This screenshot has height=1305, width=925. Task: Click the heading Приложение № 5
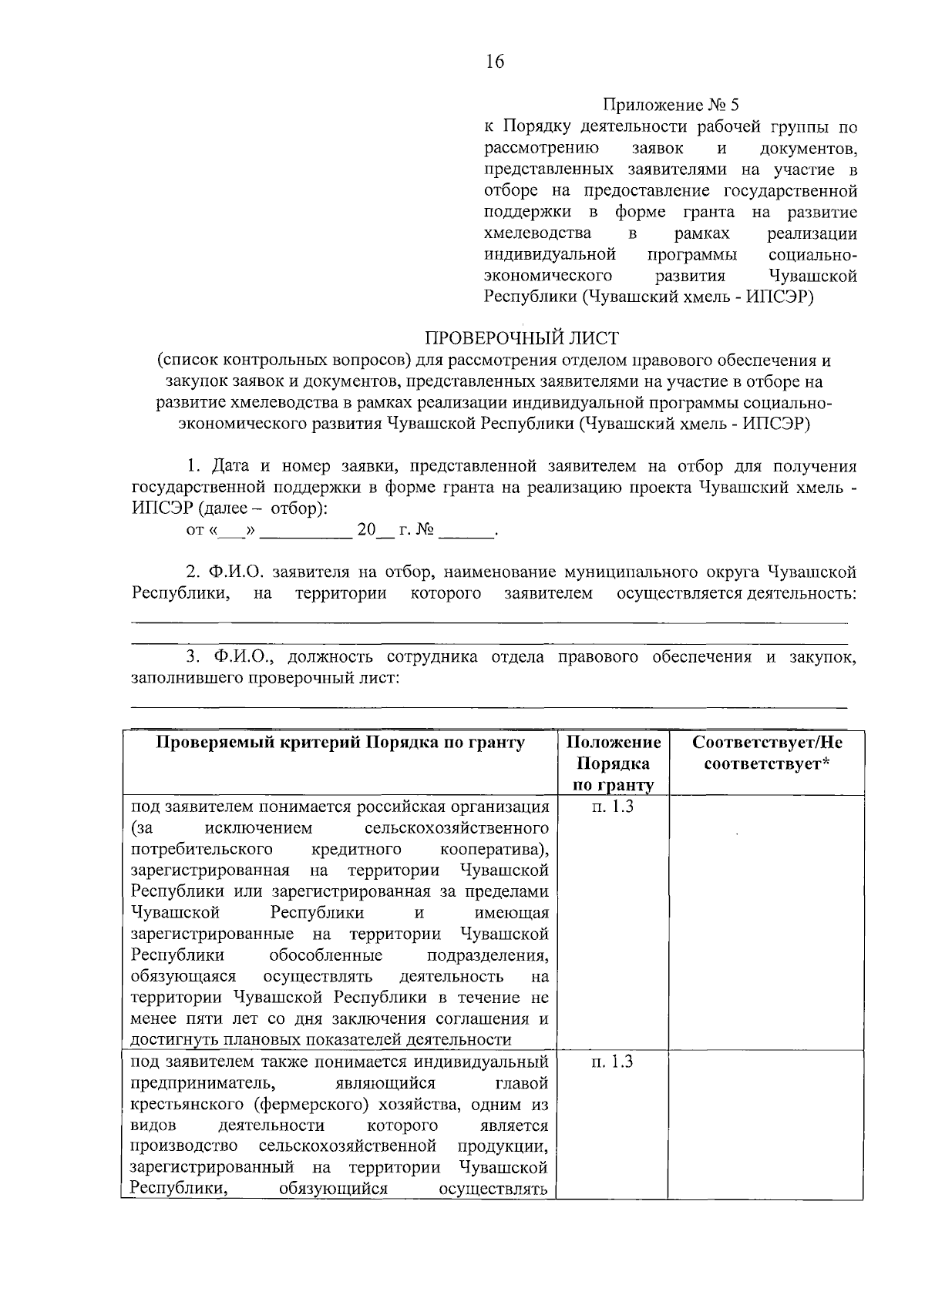click(x=671, y=105)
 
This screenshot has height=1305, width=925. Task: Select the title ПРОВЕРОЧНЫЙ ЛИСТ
click(x=522, y=337)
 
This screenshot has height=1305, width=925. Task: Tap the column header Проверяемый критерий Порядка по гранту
click(x=341, y=743)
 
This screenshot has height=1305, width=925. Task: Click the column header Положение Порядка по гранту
click(x=614, y=763)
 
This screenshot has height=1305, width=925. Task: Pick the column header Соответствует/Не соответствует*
click(x=766, y=753)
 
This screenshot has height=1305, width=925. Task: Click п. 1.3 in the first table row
click(x=613, y=807)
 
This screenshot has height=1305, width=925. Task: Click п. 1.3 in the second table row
click(x=613, y=1062)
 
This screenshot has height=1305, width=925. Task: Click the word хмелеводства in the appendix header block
click(x=537, y=233)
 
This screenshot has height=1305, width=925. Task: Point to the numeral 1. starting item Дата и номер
click(x=196, y=466)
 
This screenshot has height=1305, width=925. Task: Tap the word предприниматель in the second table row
click(x=197, y=1083)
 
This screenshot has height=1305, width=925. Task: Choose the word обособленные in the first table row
click(x=326, y=955)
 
